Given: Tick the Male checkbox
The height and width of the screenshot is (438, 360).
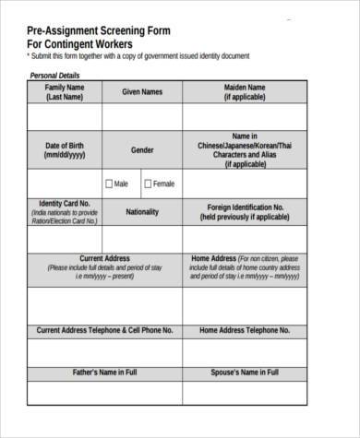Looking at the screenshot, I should pos(109,183).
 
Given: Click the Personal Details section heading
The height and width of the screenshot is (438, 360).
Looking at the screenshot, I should pos(55,76).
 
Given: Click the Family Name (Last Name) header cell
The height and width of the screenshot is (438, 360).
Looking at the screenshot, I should pos(65,91).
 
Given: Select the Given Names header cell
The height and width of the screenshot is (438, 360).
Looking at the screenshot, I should pos(142,92).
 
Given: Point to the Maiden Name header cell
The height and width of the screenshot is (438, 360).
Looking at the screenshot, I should pos(245,91).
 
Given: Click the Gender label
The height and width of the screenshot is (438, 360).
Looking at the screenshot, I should pos(142,149).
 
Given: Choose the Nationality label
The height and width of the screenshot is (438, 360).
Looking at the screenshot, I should pos(142,211).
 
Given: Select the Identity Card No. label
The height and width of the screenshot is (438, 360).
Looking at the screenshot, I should pos(65,204).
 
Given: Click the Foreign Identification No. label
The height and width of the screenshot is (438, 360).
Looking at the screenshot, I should pos(245,207).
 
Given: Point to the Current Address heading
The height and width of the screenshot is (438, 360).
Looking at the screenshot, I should pos(104,259).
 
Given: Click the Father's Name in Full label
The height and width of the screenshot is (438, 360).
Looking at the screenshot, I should pos(104,373).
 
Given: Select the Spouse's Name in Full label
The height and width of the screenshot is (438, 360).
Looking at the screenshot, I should pos(245,373).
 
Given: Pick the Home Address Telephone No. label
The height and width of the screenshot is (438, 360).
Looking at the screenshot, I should pos(245,329).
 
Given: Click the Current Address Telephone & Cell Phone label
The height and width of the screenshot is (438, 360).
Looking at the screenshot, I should pos(104,329).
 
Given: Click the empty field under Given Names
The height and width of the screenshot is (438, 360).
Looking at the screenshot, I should pos(142,116).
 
